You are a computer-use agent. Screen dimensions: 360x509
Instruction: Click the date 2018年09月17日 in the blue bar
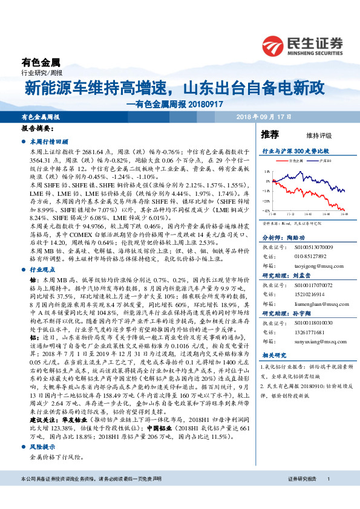coord(263,117)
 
